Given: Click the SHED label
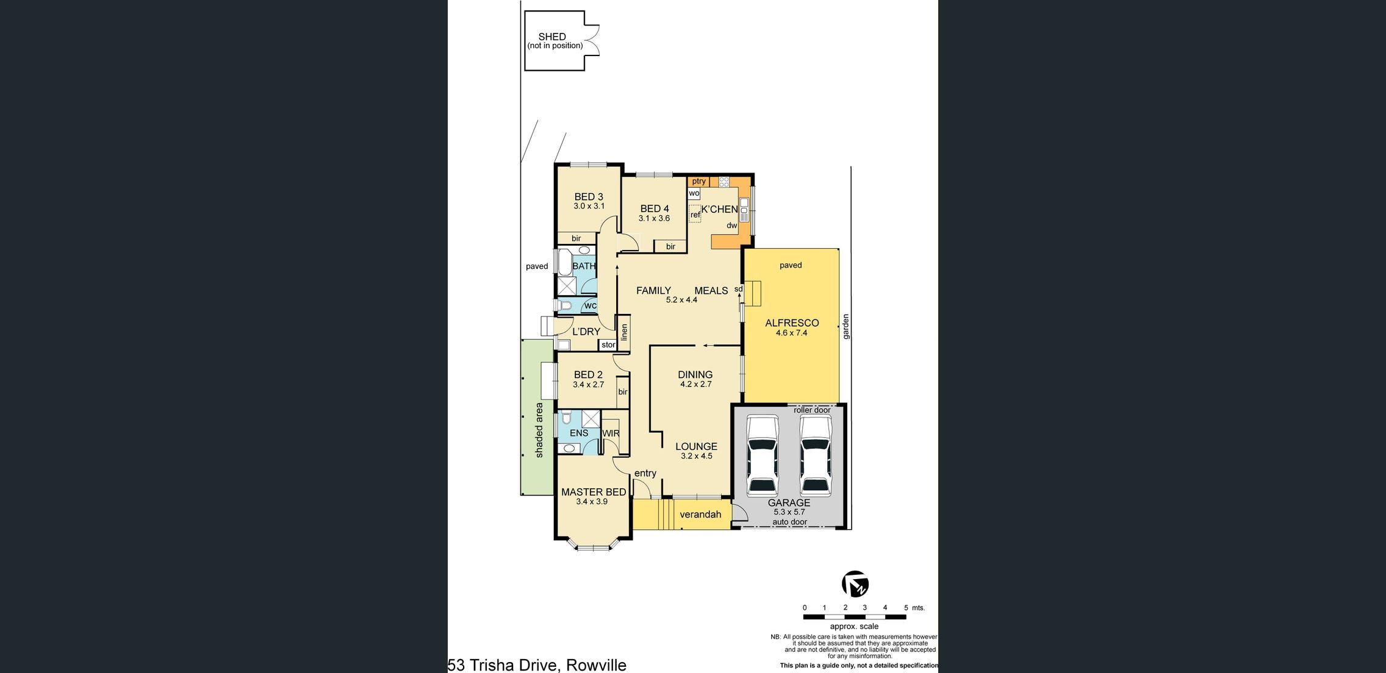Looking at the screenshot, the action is (x=552, y=37).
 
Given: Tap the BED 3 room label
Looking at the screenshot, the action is (x=589, y=197).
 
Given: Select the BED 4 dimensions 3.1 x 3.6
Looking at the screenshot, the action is (x=654, y=218).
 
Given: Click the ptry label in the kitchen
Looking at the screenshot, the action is (x=699, y=181).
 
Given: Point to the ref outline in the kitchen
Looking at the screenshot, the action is (x=695, y=215).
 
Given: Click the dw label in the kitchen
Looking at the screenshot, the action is (x=732, y=226).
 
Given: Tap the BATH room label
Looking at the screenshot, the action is (x=584, y=266).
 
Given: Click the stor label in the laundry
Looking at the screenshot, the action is (x=608, y=345).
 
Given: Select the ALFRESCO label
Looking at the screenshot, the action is (x=792, y=323).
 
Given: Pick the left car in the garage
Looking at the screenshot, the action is (x=763, y=455).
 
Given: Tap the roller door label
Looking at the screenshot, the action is (x=812, y=410).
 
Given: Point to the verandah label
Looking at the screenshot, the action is (x=700, y=515).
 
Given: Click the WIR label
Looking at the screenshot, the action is (x=611, y=433).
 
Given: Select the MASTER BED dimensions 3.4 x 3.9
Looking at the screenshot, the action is (x=592, y=502).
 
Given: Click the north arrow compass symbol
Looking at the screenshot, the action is (x=855, y=584).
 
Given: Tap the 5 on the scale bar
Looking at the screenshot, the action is (x=906, y=608).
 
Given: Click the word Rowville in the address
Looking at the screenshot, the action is (x=596, y=665).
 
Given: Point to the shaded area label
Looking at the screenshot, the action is (x=539, y=430).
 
